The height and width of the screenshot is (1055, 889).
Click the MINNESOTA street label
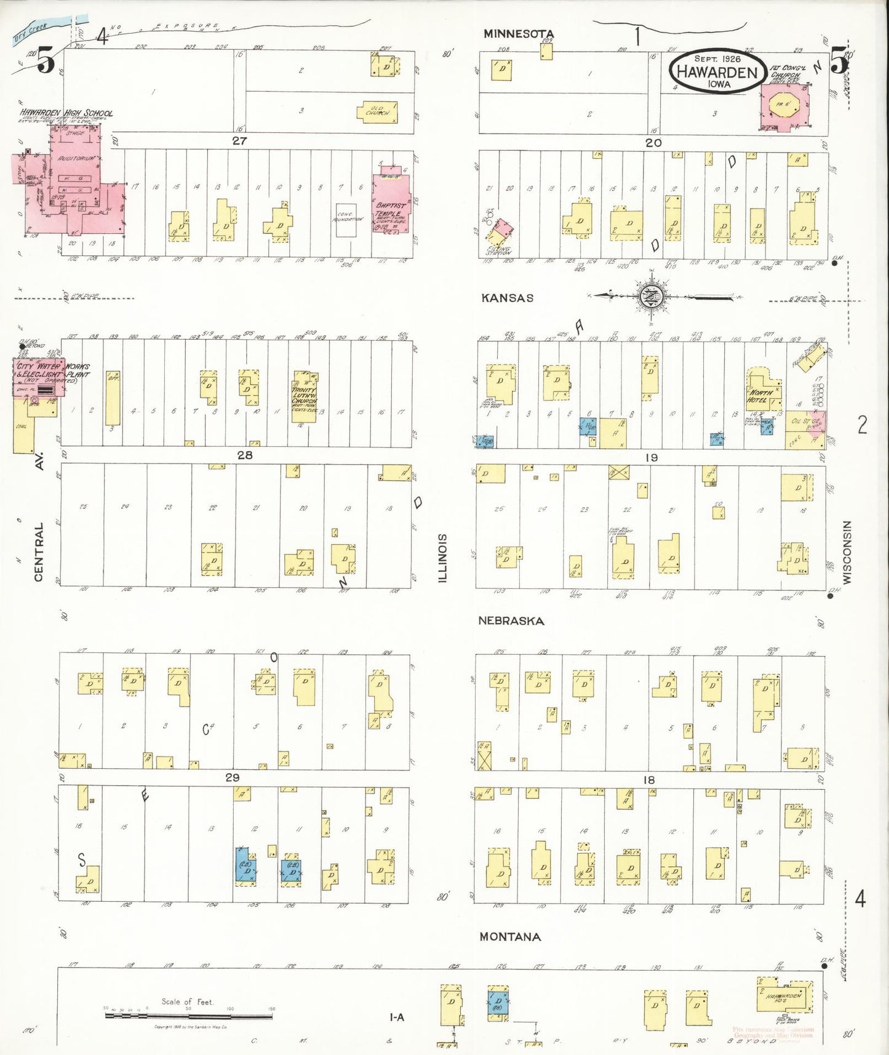pos(518,34)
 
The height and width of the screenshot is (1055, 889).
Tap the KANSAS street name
pos(507,298)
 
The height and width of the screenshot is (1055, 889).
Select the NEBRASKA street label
pos(511,621)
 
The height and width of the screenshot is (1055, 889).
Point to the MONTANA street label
pos(510,937)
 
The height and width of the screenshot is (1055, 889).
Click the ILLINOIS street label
pos(442,558)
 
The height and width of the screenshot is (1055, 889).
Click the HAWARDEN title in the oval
pos(717,71)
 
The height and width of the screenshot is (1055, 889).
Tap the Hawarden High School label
pos(66,113)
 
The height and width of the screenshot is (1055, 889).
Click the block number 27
pos(239,141)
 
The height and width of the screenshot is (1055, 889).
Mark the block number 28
pos(245,455)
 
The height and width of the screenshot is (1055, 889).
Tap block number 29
pos(232,777)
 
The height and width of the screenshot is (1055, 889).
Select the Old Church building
pos(377,111)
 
